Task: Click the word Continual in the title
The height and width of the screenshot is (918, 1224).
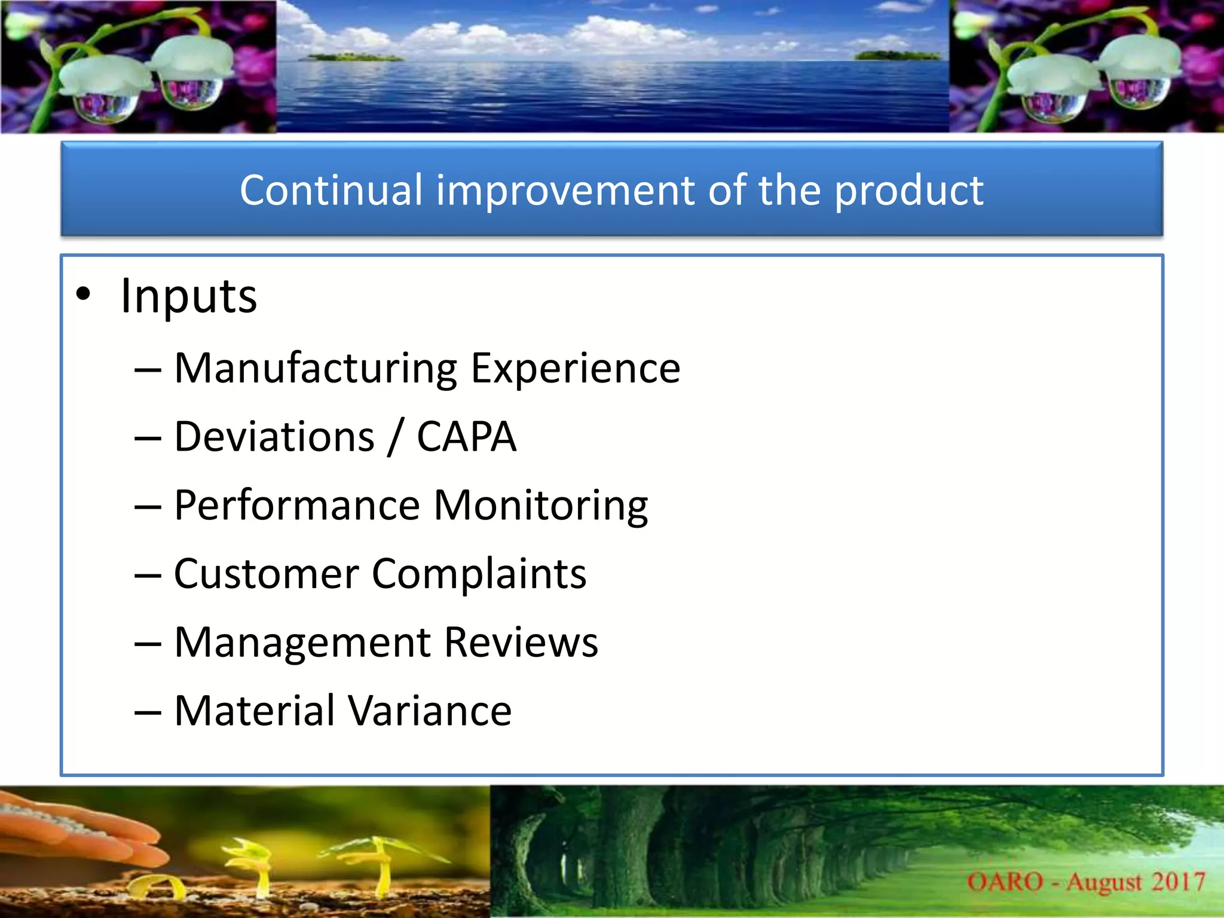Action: pos(331,190)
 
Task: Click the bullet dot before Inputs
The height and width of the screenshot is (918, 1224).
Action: pos(84,294)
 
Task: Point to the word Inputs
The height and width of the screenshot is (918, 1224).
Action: pos(189,296)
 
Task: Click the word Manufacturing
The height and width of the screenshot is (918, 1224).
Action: pos(316,368)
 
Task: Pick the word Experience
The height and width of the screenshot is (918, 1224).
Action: pos(576,369)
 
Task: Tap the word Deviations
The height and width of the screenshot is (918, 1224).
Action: pos(274,437)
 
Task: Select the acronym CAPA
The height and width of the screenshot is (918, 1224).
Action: pos(466,437)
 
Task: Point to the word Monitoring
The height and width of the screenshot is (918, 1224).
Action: pos(541,506)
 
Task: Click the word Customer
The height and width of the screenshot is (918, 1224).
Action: pos(266,574)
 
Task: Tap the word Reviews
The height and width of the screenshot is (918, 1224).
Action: pos(521,642)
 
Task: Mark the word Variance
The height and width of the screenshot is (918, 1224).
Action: pos(430,711)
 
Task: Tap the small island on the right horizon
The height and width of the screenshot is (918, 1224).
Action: pos(896,56)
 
